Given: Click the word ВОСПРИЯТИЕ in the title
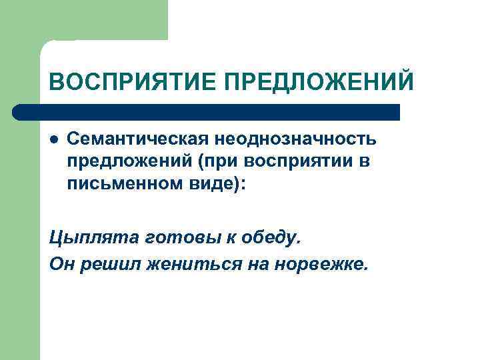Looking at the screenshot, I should [134, 83].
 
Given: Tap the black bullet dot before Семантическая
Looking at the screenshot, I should [55, 140].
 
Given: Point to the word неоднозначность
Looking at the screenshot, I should [295, 139].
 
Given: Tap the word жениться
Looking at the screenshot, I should [170, 265].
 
